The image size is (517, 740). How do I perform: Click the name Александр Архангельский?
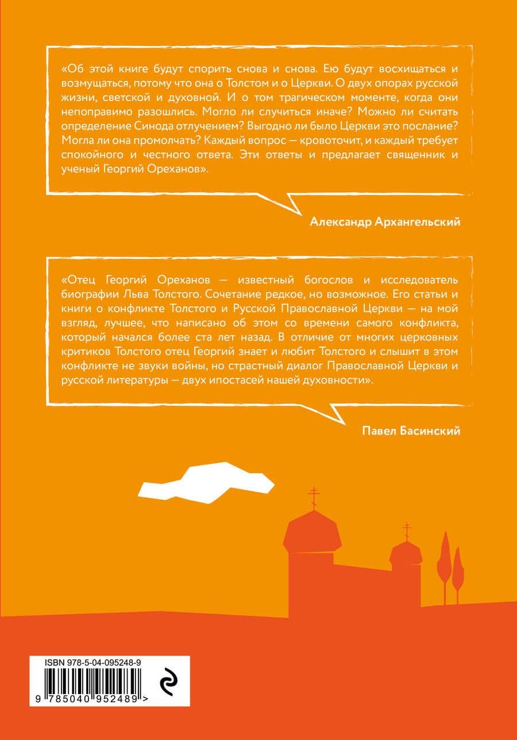click(x=385, y=222)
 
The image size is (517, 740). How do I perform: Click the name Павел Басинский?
click(x=412, y=431)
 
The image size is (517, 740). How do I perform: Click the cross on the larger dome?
click(x=314, y=497)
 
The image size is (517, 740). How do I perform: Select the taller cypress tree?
click(x=444, y=563)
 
